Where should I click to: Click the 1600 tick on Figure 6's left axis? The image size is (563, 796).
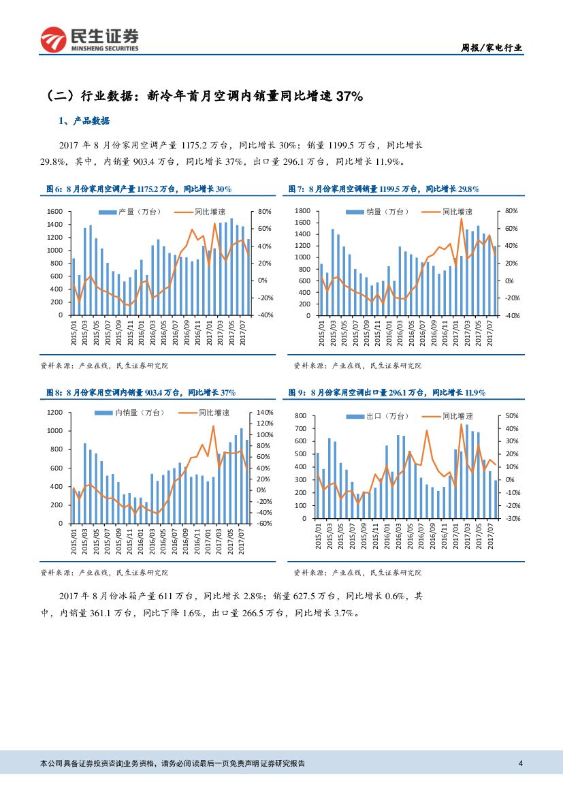click(x=55, y=212)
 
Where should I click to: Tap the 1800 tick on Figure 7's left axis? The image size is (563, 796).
click(x=303, y=211)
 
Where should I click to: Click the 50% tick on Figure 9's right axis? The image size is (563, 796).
click(x=512, y=415)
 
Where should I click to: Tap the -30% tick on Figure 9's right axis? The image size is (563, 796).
click(x=511, y=519)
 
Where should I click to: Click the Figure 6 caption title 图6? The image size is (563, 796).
click(x=53, y=189)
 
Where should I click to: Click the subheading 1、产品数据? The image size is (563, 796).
click(x=84, y=121)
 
